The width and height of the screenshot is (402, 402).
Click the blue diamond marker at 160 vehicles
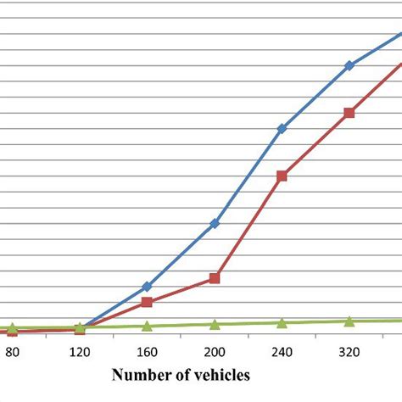[147, 287]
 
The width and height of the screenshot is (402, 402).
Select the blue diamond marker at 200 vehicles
[215, 223]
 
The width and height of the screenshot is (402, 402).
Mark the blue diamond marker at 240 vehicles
[282, 129]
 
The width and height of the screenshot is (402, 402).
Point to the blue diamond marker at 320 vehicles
[349, 65]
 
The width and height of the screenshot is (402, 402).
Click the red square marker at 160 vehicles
[147, 302]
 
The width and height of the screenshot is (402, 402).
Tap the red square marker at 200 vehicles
[215, 278]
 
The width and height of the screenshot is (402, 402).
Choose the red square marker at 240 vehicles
[282, 176]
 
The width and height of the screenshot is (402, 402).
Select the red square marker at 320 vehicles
[349, 113]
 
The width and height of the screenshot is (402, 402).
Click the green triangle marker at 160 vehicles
[147, 326]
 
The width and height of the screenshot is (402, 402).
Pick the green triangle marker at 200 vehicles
[215, 324]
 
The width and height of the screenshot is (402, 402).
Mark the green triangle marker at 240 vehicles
[282, 322]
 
